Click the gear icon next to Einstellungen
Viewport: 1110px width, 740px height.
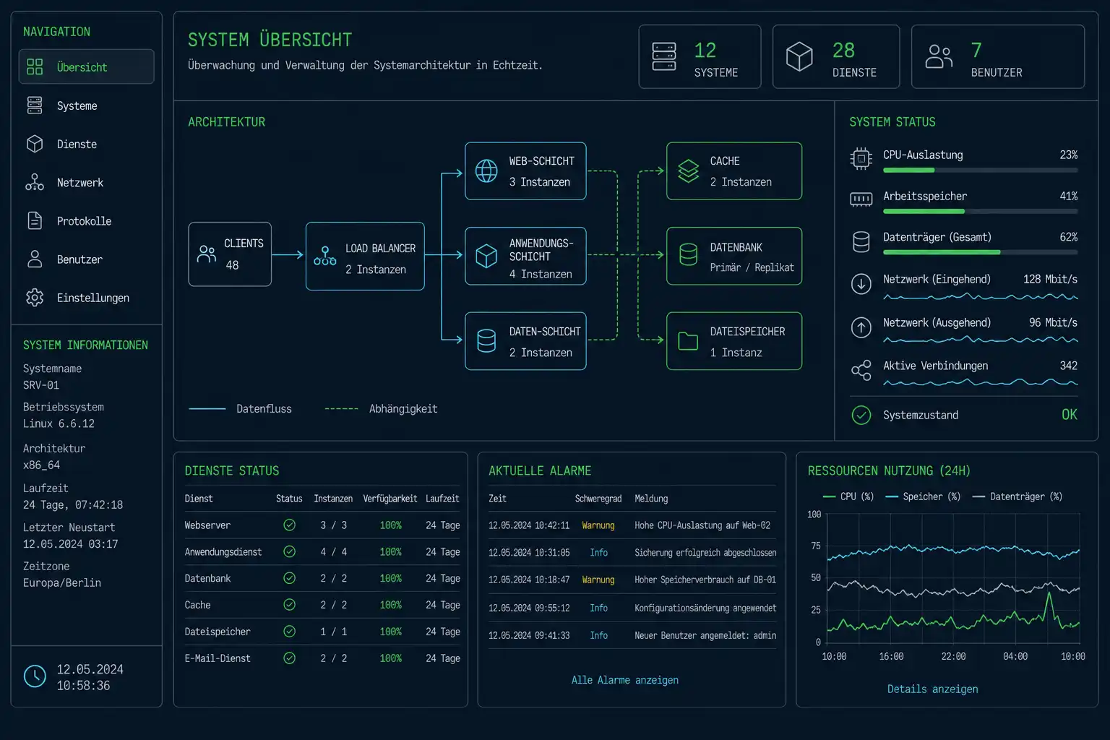pos(35,298)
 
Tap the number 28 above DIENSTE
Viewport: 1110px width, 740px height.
pos(843,50)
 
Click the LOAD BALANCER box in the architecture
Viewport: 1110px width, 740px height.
pos(365,257)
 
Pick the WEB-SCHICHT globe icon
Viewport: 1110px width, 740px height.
pos(486,171)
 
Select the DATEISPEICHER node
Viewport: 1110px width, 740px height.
pos(734,341)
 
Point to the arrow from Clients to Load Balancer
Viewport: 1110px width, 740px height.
pos(288,255)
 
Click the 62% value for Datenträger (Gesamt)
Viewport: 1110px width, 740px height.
pos(1068,237)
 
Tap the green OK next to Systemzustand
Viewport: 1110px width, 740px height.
pos(1070,414)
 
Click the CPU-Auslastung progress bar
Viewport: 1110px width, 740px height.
pos(980,170)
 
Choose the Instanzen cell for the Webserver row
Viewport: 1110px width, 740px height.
pos(333,525)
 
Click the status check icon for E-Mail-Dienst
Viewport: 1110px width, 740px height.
pos(289,658)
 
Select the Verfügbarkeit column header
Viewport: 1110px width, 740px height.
pos(390,499)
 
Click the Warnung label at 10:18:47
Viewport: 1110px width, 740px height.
pos(598,580)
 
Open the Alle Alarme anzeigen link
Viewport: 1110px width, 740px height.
pos(625,680)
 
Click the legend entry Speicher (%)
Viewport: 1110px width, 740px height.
pos(923,496)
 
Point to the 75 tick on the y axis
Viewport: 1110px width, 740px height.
pos(816,546)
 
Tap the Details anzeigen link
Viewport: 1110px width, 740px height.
pos(933,689)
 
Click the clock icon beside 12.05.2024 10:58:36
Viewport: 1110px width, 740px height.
pos(35,676)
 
